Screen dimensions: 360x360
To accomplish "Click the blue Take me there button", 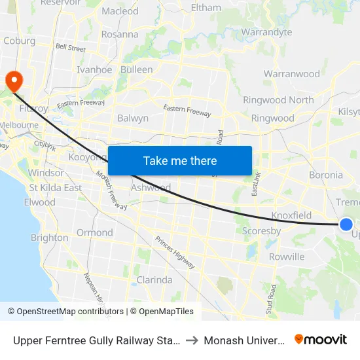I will pyautogui.click(x=180, y=161).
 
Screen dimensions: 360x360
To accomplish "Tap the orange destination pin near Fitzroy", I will pyautogui.click(x=13, y=80).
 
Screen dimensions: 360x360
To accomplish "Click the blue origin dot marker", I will pyautogui.click(x=346, y=225).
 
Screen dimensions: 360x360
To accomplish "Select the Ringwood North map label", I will pyautogui.click(x=278, y=100).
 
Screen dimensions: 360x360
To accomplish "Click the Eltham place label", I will pyautogui.click(x=206, y=8).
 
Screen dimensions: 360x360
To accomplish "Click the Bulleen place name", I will pyautogui.click(x=136, y=69).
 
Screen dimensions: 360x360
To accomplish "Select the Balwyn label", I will pyautogui.click(x=133, y=118).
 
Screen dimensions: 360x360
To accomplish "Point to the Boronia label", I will pyautogui.click(x=325, y=175).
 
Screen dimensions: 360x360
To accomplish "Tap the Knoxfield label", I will pyautogui.click(x=291, y=215).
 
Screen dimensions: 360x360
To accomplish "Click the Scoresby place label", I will pyautogui.click(x=261, y=231).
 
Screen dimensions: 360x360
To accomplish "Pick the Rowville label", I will pyautogui.click(x=286, y=257).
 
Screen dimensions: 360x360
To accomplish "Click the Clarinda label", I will pyautogui.click(x=154, y=280).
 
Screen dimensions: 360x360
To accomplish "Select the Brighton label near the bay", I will pyautogui.click(x=49, y=238).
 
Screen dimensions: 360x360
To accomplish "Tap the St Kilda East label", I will pyautogui.click(x=56, y=188).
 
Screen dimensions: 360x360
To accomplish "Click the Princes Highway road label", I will pyautogui.click(x=175, y=251).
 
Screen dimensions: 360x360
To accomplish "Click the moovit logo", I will pyautogui.click(x=321, y=339).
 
